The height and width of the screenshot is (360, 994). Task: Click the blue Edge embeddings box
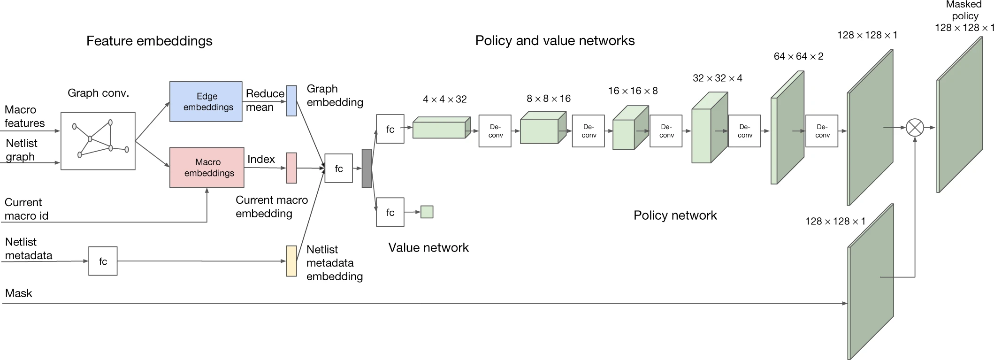tap(206, 101)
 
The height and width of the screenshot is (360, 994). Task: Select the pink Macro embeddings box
tap(206, 168)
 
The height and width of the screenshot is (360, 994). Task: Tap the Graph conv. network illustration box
tap(98, 141)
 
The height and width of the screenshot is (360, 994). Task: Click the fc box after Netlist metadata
tap(103, 261)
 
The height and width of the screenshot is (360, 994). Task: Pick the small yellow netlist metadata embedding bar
tap(291, 261)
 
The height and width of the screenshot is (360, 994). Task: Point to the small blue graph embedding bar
tap(291, 100)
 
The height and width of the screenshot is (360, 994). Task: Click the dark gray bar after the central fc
tap(367, 168)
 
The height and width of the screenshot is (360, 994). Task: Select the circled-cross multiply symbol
tap(915, 127)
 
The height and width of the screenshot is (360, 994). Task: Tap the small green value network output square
tap(427, 212)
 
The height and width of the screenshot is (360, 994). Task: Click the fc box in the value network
tap(390, 213)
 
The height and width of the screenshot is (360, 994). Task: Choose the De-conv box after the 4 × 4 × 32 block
tap(495, 131)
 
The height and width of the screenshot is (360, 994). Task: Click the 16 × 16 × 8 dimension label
tap(633, 91)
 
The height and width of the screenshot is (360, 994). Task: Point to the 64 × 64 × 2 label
tap(798, 56)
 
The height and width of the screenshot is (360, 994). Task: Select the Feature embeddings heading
tap(149, 41)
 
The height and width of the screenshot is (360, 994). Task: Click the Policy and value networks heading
tap(555, 41)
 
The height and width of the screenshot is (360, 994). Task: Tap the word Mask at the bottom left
tap(19, 293)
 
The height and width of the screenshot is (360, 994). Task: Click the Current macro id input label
tap(26, 209)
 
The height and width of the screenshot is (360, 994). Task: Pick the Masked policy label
tap(964, 16)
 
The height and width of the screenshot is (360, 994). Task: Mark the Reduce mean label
tap(265, 100)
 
